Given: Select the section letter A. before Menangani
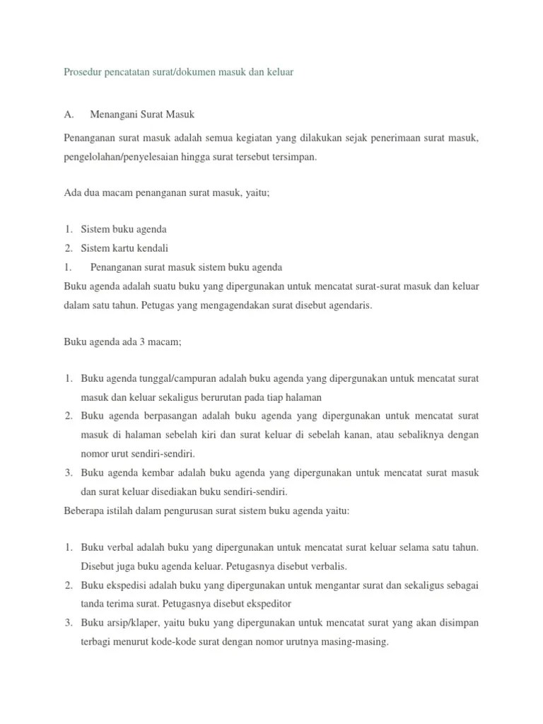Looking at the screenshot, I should [x=69, y=115].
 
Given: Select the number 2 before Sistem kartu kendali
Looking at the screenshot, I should [x=68, y=248].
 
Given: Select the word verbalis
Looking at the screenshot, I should [x=325, y=566].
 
